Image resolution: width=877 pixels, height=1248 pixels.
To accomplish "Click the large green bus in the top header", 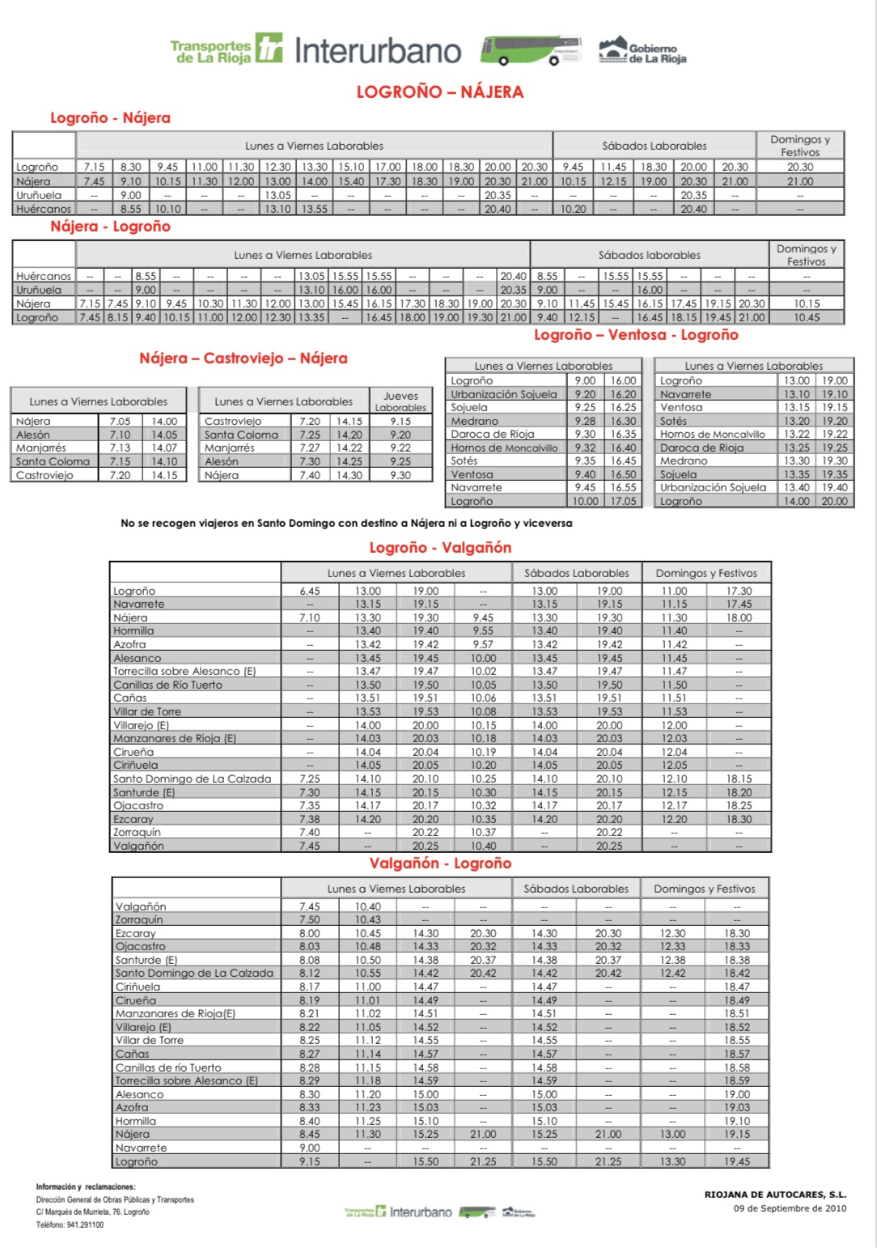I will tap(530, 50).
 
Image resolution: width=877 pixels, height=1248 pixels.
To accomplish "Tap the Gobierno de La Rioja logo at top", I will tap(642, 51).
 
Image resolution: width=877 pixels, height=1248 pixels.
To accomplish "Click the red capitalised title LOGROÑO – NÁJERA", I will tap(440, 92).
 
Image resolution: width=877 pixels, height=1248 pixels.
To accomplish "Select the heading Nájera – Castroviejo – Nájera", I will tap(243, 359).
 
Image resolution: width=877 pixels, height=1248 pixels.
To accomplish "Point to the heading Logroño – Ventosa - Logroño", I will tap(636, 335).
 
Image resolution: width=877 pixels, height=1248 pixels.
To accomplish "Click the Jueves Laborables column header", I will tap(400, 401).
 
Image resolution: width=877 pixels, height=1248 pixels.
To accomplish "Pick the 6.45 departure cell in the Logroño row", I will tap(309, 591).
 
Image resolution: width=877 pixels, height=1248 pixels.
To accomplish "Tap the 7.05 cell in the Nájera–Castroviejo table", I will tap(120, 421).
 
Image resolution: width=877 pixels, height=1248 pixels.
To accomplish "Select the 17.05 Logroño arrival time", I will tap(623, 501).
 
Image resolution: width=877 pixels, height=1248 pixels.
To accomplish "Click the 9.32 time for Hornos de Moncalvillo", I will tap(585, 448).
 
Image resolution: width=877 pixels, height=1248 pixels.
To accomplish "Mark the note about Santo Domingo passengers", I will tap(346, 524).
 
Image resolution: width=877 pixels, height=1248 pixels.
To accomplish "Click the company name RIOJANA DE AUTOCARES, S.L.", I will tap(775, 1195).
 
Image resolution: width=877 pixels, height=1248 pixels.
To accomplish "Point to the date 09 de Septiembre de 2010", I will tap(790, 1209).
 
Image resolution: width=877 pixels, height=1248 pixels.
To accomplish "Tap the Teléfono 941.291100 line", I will tap(70, 1225).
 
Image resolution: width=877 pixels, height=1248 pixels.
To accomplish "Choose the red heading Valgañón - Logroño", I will tap(440, 864).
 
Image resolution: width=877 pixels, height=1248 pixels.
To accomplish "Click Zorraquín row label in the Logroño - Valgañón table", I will tap(137, 832).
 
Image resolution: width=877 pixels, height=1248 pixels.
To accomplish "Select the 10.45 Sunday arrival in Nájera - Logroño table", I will tap(806, 317).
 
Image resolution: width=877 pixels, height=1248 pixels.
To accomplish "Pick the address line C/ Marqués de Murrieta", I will tap(92, 1212).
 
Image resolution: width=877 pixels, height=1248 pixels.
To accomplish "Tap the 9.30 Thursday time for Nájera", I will tap(400, 475).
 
